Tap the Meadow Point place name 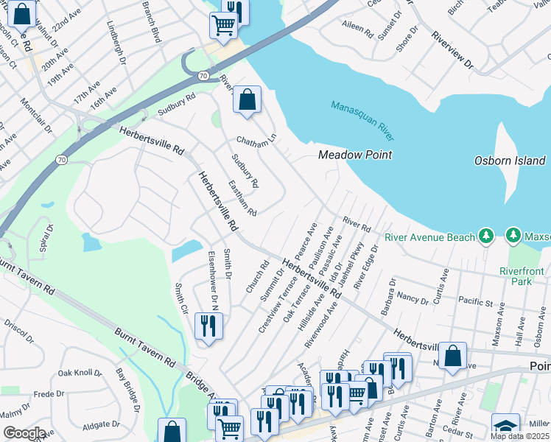click(x=354, y=155)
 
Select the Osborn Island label click(x=510, y=161)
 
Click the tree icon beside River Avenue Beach click(x=485, y=236)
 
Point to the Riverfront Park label click(x=522, y=276)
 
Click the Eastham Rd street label click(x=242, y=199)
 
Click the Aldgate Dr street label click(x=101, y=425)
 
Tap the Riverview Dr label click(x=452, y=51)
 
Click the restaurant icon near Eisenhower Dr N click(x=208, y=326)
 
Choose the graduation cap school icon click(x=505, y=426)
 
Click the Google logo click(x=24, y=433)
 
